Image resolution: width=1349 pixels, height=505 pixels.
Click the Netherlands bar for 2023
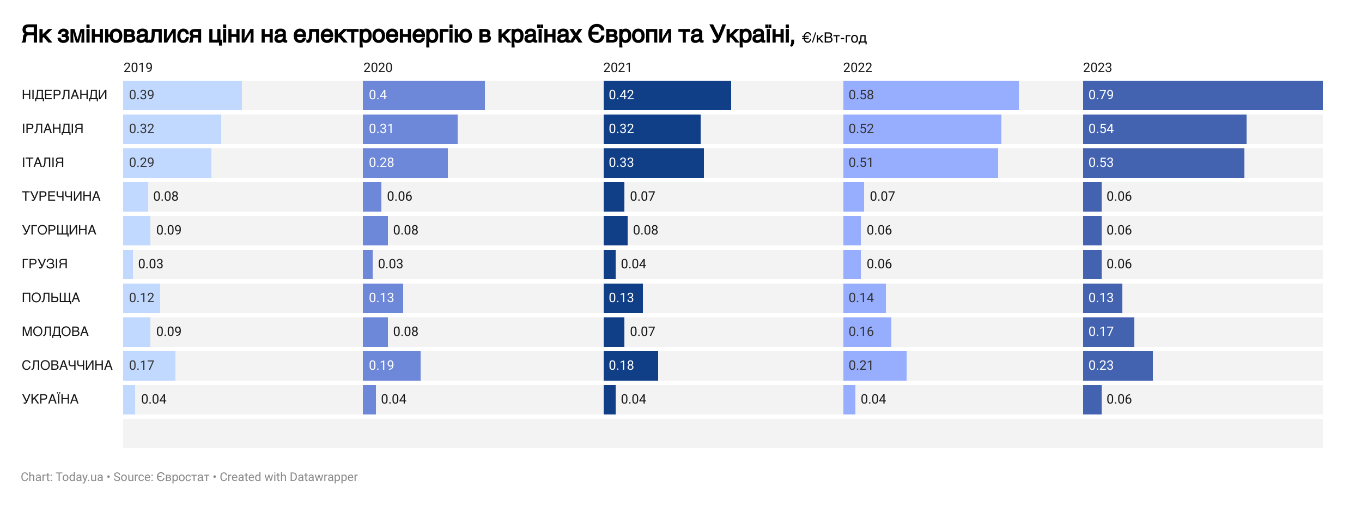point(1202,95)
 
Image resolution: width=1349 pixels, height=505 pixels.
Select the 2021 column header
point(617,68)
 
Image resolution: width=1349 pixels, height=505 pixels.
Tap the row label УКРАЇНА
point(50,399)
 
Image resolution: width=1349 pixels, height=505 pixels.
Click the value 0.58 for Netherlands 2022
point(861,95)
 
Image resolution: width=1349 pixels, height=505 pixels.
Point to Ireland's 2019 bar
point(172,129)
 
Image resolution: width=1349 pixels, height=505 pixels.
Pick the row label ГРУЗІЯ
point(45,264)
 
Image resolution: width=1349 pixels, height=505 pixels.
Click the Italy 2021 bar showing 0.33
point(653,163)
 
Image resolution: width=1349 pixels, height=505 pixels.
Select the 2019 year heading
point(138,68)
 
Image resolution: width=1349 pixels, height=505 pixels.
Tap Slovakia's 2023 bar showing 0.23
point(1117,366)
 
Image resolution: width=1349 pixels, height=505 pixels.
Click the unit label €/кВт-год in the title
point(834,38)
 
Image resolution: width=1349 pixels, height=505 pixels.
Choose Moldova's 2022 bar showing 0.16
point(867,332)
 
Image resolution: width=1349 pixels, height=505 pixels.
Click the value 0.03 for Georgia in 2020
point(390,264)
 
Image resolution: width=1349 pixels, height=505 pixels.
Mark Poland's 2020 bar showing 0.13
point(382,298)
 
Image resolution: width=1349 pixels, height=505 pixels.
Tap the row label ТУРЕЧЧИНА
point(61,196)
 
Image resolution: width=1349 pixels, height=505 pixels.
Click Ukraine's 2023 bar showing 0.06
point(1092,400)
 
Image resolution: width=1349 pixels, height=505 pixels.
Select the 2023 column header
point(1097,68)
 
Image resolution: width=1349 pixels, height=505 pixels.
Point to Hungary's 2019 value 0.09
point(168,230)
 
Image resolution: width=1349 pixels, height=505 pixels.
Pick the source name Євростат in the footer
point(183,477)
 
